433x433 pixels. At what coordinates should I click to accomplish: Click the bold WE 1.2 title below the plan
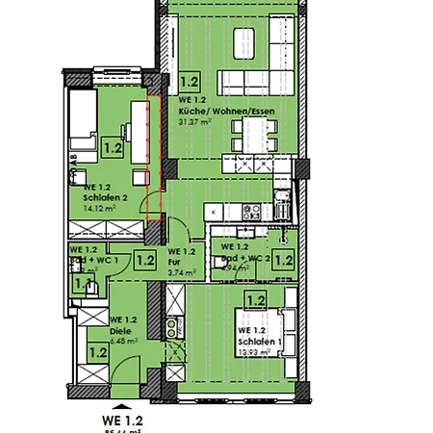121,420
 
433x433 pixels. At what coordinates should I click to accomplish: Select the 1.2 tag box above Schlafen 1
255,301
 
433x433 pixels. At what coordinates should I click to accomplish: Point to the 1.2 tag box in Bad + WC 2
283,258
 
